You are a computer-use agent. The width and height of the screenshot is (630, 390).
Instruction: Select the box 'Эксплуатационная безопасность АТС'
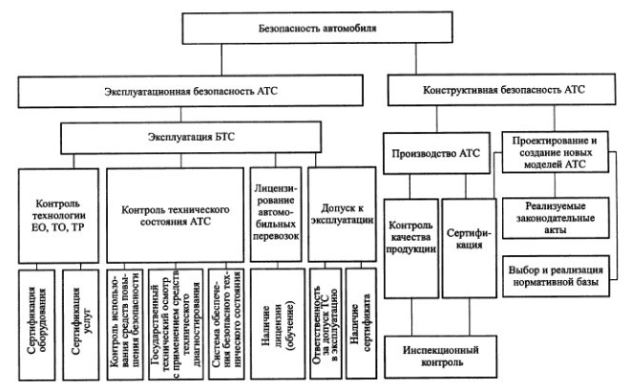pyautogui.click(x=187, y=93)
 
